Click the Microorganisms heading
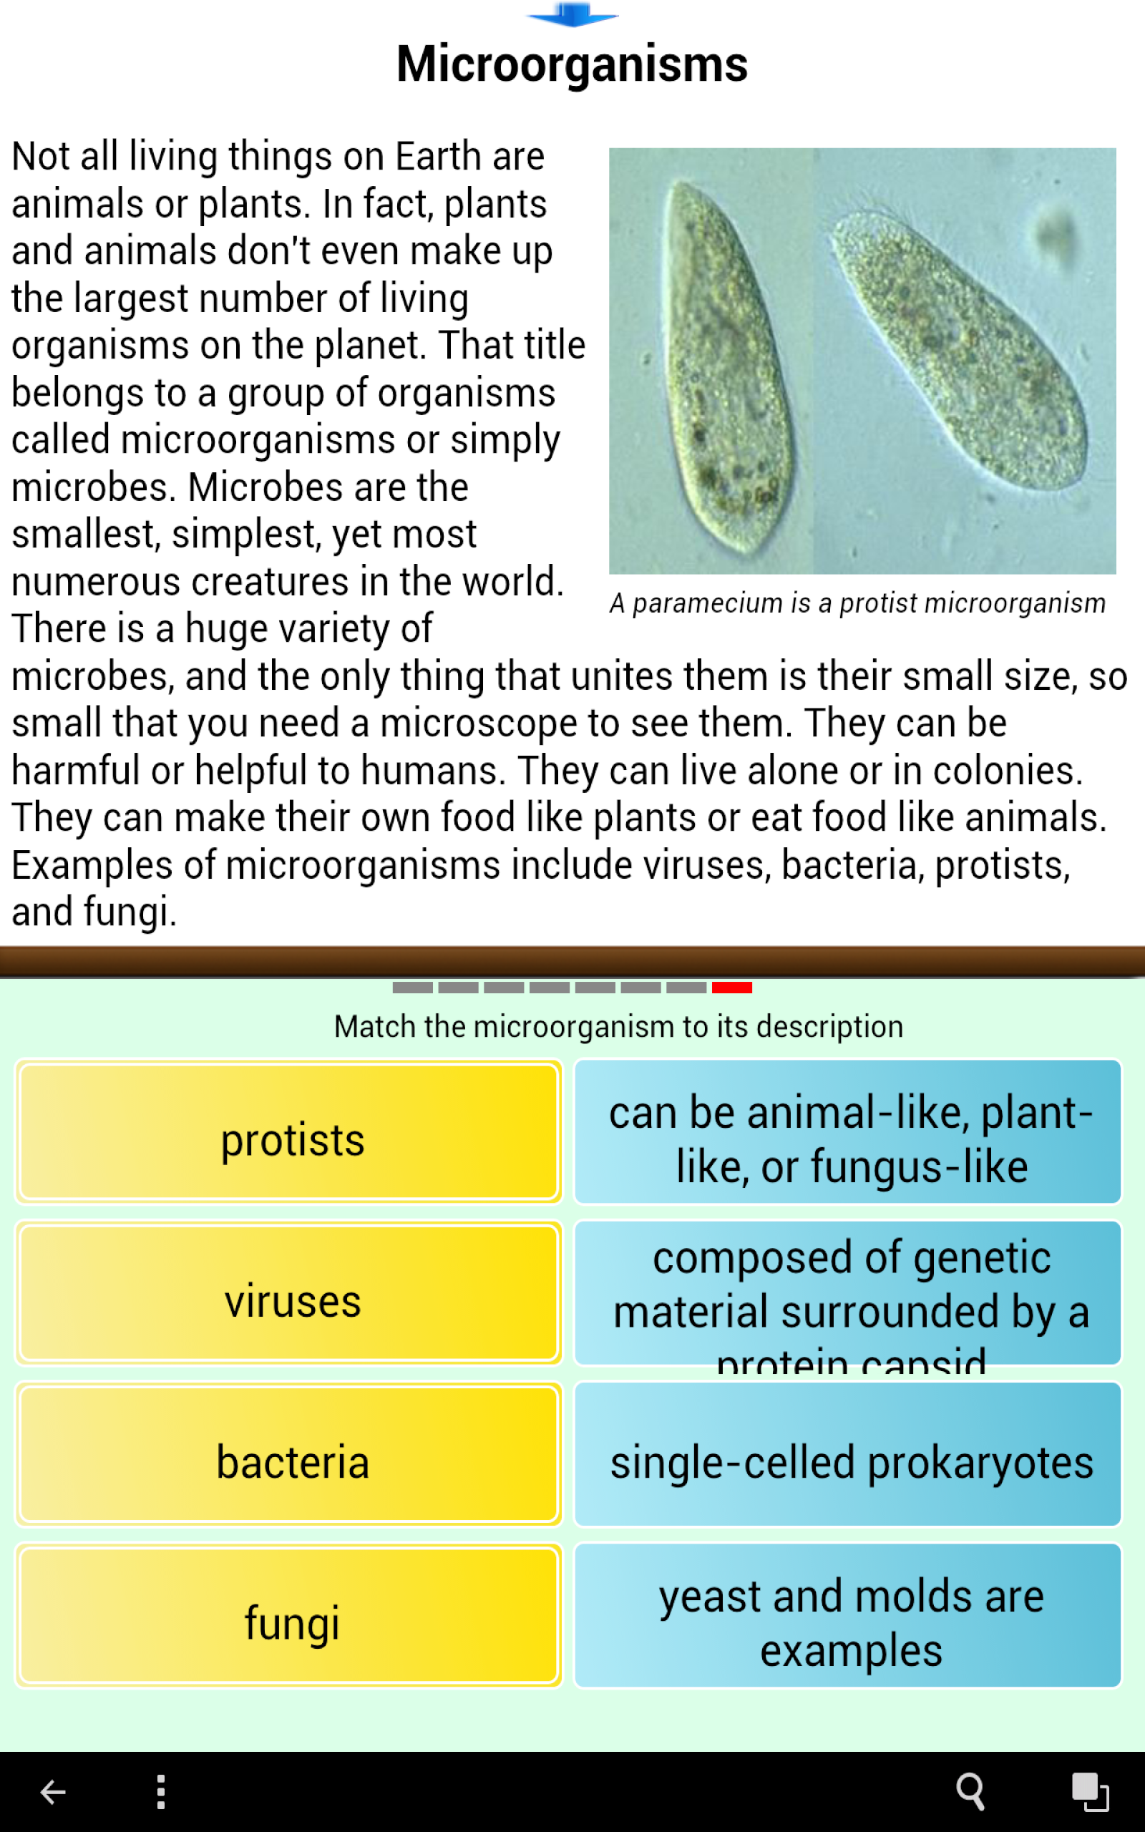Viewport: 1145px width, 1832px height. [x=572, y=64]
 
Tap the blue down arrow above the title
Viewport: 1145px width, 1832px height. [x=572, y=14]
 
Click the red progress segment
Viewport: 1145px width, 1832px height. [x=731, y=987]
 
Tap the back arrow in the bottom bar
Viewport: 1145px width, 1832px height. [x=53, y=1792]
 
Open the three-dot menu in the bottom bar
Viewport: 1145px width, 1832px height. [x=160, y=1792]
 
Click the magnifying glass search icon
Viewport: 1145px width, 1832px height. [x=970, y=1792]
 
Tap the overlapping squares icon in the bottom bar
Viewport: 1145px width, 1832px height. [x=1090, y=1792]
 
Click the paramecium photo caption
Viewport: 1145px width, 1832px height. [x=857, y=603]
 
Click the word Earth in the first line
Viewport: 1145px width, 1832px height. [x=438, y=157]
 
